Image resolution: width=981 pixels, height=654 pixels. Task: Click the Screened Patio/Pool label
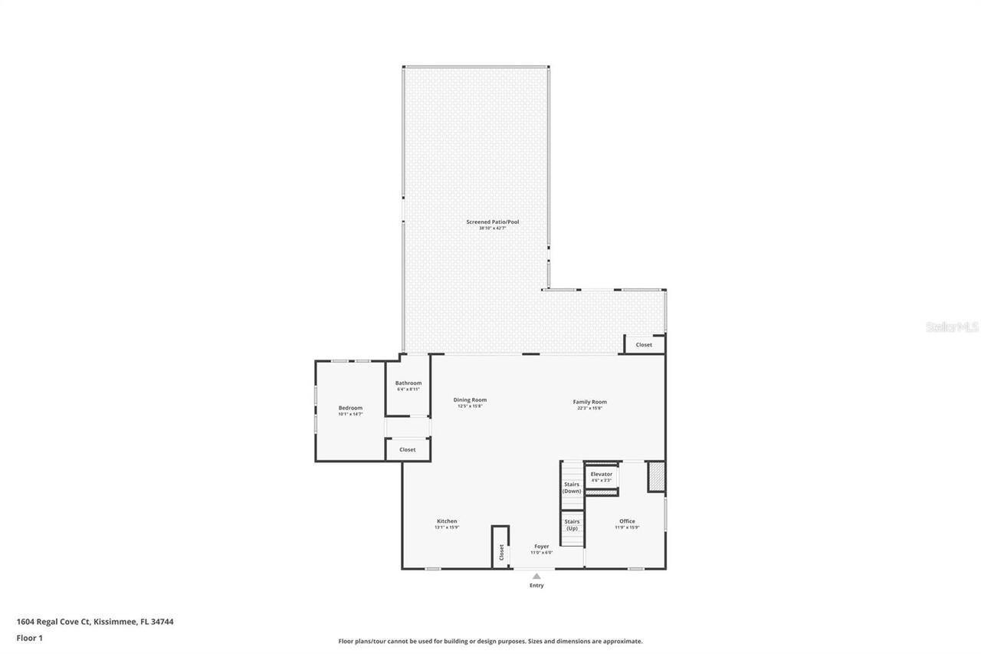(x=493, y=222)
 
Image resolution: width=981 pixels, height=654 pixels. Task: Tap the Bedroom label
(x=350, y=408)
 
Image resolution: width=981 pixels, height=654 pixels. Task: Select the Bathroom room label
(x=408, y=383)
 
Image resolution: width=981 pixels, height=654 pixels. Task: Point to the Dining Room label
(x=470, y=399)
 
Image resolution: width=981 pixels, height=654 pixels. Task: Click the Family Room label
(x=589, y=402)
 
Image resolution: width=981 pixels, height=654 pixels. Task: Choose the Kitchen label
(x=447, y=521)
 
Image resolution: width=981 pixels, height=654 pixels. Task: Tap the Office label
(x=627, y=521)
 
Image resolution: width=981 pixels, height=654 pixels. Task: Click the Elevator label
(x=602, y=474)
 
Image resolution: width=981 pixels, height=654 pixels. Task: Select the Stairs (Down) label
(x=572, y=488)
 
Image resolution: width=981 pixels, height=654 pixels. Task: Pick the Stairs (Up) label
(x=572, y=525)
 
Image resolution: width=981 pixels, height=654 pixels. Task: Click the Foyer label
(x=542, y=547)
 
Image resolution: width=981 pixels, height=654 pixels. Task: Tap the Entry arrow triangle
(x=536, y=576)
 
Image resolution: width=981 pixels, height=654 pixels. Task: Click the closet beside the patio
(x=645, y=345)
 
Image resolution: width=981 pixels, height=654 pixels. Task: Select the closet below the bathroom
(x=408, y=449)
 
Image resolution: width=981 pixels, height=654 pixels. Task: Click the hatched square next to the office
(x=656, y=476)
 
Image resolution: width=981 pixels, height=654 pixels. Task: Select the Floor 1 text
(x=30, y=637)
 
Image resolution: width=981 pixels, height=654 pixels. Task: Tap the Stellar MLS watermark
(x=953, y=327)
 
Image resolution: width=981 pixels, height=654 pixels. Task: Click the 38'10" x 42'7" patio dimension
(x=493, y=228)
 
